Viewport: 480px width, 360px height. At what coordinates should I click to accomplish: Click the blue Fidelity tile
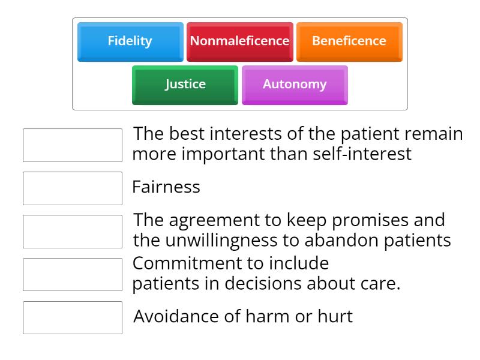[x=130, y=41]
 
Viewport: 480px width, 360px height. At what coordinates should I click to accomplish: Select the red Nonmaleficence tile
[x=239, y=41]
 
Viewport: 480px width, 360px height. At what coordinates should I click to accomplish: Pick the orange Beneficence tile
[x=349, y=41]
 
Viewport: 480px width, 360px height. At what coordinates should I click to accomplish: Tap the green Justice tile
[x=185, y=85]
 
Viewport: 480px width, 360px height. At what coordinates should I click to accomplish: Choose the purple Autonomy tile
[x=295, y=85]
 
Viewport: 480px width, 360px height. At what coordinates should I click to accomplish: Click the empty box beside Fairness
[x=73, y=188]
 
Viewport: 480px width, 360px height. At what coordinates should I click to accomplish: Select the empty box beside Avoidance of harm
[x=73, y=317]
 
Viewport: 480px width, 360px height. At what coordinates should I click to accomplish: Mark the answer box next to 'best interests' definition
[x=73, y=145]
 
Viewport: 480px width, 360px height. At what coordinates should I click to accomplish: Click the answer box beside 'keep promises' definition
[x=73, y=232]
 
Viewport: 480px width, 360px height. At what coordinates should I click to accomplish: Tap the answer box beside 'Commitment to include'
[x=73, y=274]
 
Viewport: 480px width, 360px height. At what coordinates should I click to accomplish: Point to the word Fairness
[x=166, y=187]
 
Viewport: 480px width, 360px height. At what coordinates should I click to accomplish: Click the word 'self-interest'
[x=362, y=154]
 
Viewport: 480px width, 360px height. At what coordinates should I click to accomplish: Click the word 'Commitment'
[x=183, y=263]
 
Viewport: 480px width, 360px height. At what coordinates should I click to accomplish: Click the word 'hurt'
[x=336, y=316]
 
